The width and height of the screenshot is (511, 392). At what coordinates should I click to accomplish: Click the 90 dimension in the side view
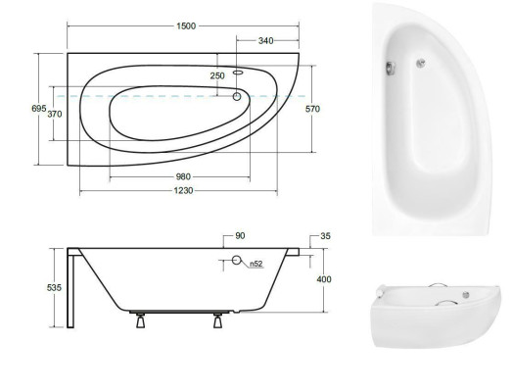coord(241,236)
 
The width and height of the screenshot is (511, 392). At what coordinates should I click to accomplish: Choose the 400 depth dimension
coord(324,279)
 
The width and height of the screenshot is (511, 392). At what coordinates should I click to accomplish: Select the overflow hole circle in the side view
coord(236,261)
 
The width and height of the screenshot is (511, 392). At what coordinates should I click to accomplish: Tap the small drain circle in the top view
coord(237,96)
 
